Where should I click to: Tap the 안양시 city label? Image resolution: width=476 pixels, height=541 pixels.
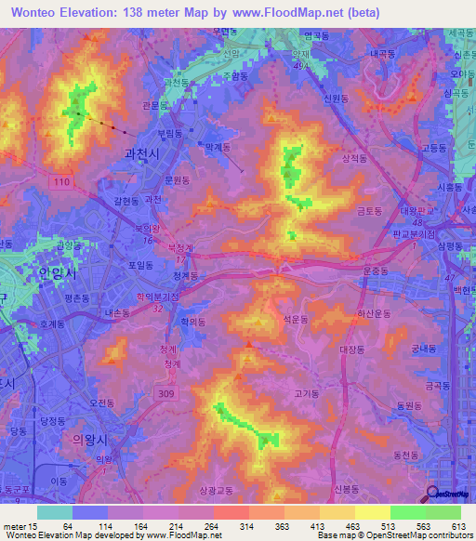(57, 275)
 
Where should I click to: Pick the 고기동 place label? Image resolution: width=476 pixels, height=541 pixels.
(306, 392)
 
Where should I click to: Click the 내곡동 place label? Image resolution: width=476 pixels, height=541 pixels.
(382, 54)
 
